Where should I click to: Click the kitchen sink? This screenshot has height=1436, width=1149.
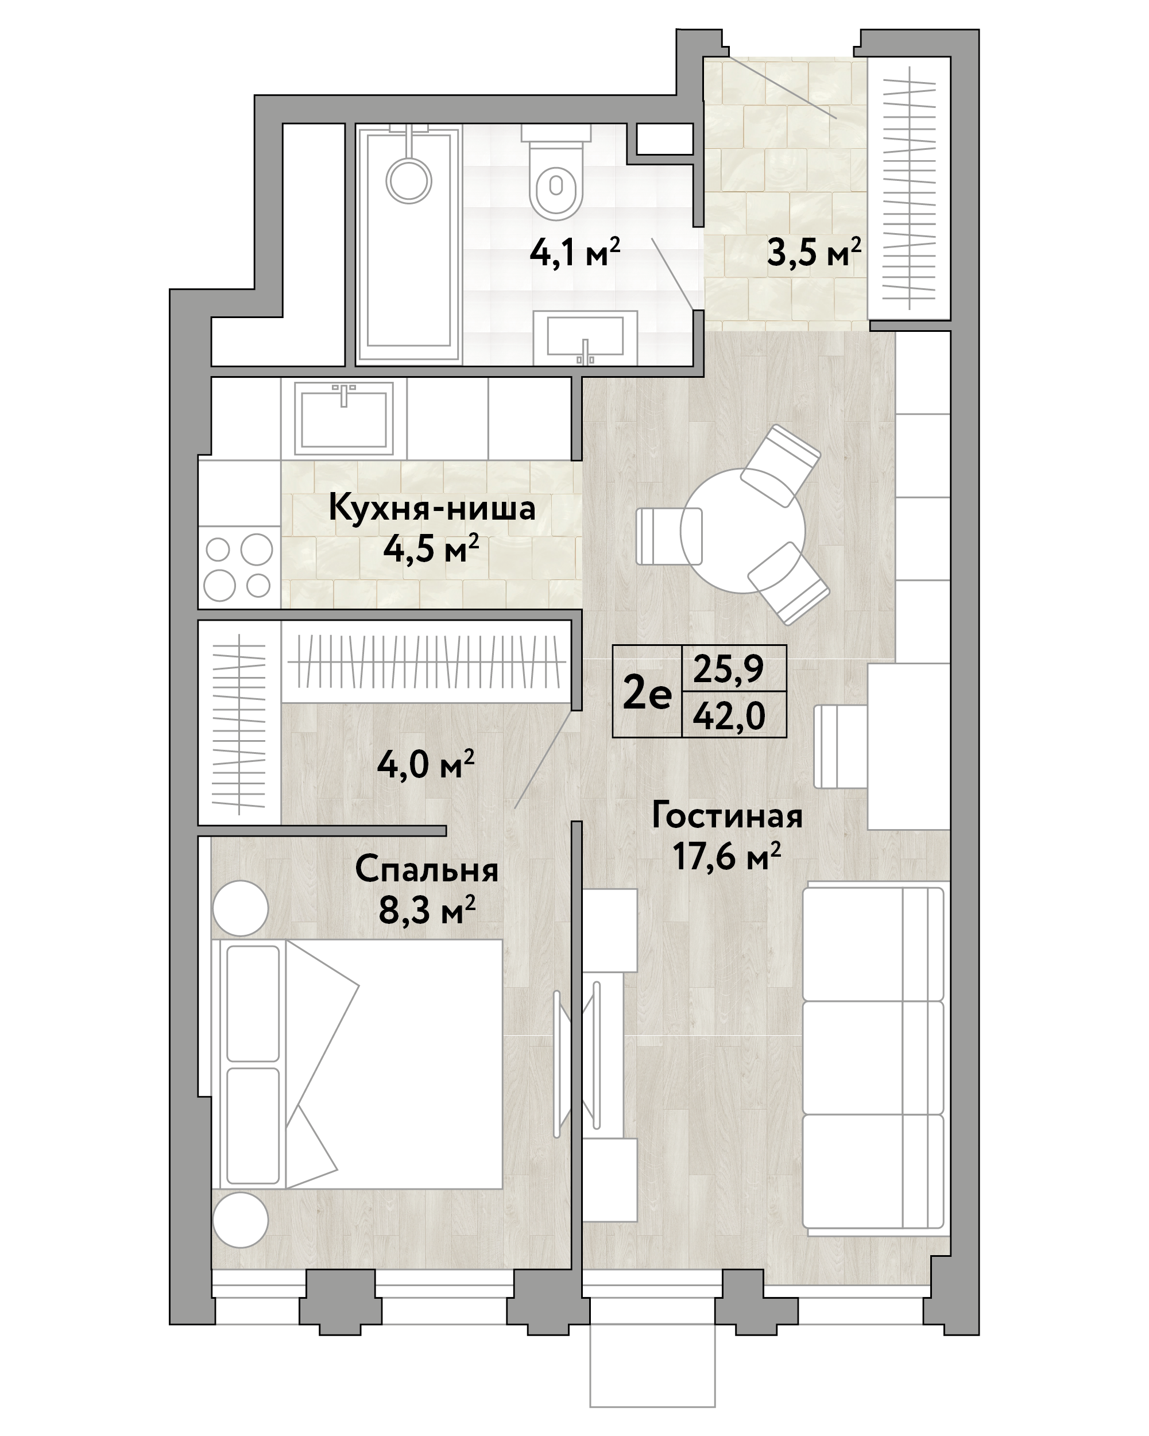click(x=344, y=417)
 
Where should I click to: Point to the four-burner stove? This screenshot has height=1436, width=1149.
click(x=239, y=567)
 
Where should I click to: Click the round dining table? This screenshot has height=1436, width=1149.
click(x=742, y=531)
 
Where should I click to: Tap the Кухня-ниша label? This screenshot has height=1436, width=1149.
click(x=432, y=508)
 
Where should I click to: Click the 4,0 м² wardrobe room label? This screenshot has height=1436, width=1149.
click(x=425, y=765)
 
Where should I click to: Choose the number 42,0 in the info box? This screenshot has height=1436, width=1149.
click(x=729, y=717)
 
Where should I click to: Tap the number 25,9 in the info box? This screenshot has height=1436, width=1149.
click(x=729, y=669)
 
